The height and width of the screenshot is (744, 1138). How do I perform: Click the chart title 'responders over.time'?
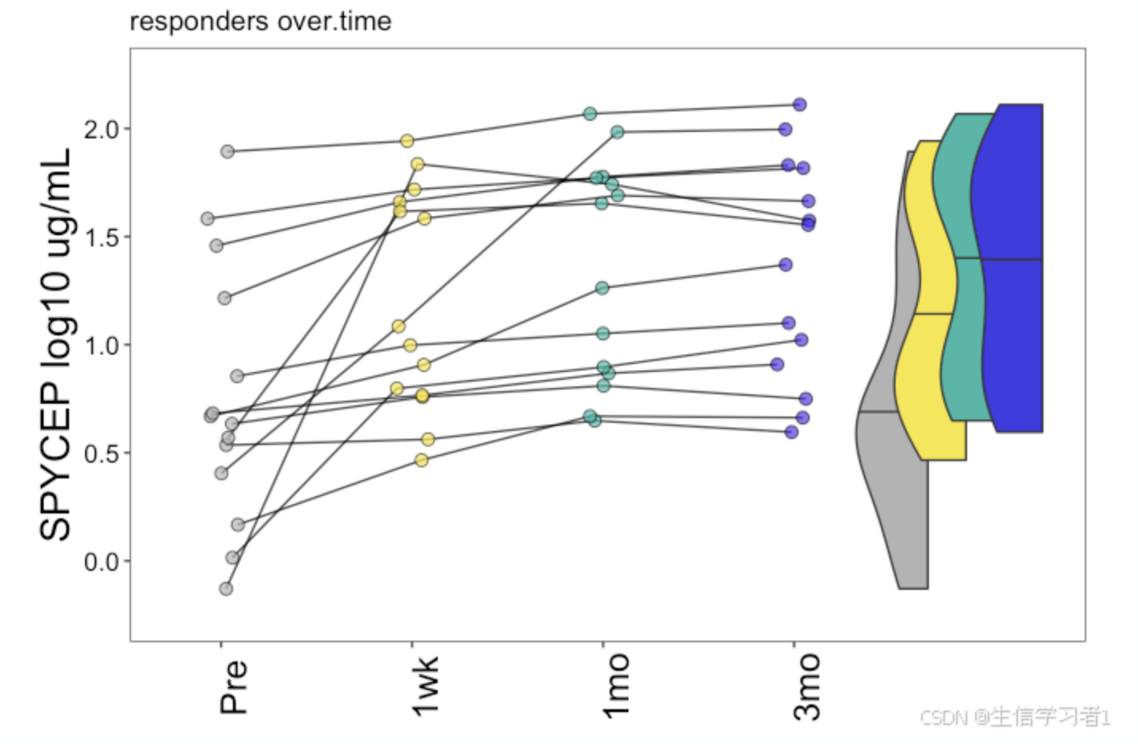260,21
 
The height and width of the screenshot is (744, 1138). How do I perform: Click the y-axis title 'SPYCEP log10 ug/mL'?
56,344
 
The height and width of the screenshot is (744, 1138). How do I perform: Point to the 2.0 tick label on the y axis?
101,129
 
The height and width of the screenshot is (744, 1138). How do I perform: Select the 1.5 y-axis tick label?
101,237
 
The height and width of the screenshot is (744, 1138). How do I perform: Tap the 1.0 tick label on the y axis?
101,345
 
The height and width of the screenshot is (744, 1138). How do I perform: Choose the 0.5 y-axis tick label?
101,453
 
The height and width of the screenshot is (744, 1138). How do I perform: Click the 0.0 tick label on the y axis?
101,561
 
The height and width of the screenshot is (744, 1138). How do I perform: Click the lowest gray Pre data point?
226,589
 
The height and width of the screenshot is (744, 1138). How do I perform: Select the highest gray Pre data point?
227,151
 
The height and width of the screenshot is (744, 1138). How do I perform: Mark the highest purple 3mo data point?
799,105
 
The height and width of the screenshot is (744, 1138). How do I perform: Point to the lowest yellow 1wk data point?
421,460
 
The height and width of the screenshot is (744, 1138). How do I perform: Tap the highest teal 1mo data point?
590,114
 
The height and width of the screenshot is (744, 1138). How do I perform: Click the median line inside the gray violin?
878,412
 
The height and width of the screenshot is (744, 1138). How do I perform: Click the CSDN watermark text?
1014,717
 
